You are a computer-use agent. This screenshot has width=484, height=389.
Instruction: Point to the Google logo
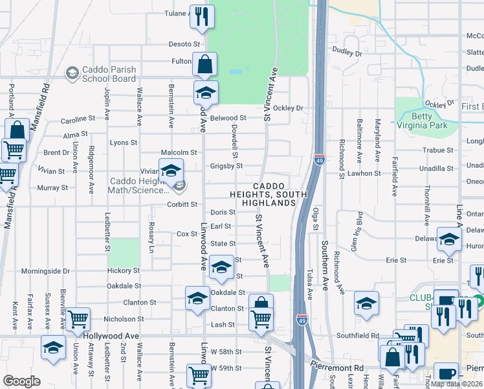[x=22, y=381]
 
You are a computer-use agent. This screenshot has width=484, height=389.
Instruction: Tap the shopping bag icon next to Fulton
[x=205, y=64]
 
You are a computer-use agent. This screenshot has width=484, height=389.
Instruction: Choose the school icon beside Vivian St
[x=171, y=172]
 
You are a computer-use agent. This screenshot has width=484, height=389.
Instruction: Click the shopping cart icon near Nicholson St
[x=78, y=318]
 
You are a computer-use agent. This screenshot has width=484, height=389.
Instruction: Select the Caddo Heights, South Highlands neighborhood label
[x=265, y=194]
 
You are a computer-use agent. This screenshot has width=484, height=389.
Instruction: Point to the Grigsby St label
[x=226, y=166]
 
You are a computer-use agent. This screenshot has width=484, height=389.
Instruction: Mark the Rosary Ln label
[x=151, y=241]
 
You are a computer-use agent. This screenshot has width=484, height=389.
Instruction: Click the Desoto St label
[x=184, y=44]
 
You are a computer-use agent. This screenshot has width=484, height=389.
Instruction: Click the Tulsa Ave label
[x=309, y=283]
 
